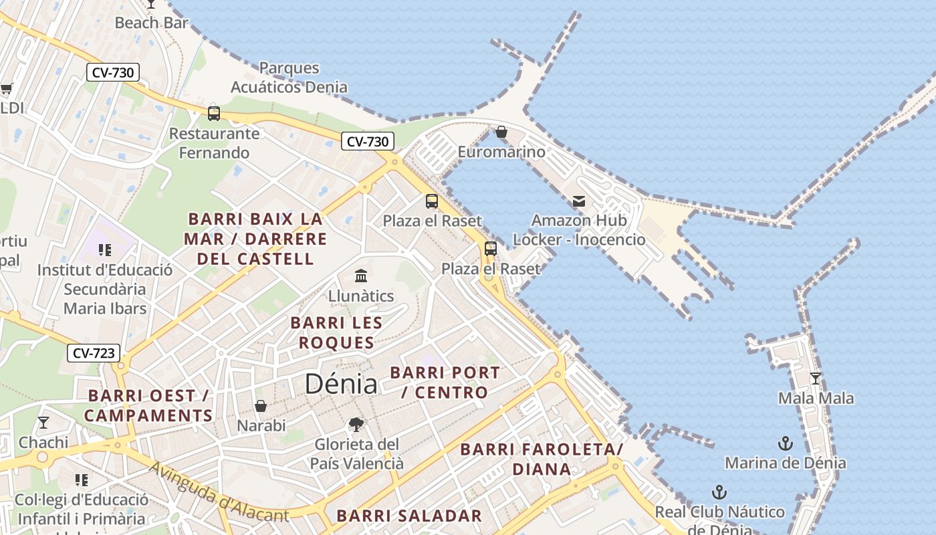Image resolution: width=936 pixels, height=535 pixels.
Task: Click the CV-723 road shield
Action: click(x=94, y=353)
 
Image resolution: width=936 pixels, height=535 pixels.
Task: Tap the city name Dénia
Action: click(x=340, y=384)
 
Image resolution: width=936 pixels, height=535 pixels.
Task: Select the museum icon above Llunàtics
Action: click(x=361, y=276)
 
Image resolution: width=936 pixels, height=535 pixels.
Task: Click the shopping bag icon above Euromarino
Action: click(x=501, y=132)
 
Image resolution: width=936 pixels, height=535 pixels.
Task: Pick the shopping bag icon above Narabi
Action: click(x=261, y=405)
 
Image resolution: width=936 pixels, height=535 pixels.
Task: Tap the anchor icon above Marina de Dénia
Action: click(x=786, y=443)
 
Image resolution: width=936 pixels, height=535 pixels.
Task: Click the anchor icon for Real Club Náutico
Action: click(x=719, y=492)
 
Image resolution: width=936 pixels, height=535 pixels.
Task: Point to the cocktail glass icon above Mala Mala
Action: click(x=816, y=379)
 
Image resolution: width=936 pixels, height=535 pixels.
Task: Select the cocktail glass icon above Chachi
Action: click(x=43, y=423)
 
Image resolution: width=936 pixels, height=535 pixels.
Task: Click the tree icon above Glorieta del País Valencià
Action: click(x=356, y=424)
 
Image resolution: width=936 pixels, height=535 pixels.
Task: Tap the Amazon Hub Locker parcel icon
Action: click(x=579, y=201)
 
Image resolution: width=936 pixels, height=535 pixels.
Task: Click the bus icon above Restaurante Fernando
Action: click(x=214, y=113)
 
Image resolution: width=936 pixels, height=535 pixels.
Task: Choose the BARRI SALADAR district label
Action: click(x=408, y=516)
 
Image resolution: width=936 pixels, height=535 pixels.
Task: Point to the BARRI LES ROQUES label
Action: click(x=336, y=332)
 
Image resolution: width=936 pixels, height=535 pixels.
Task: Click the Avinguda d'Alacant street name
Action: click(x=219, y=492)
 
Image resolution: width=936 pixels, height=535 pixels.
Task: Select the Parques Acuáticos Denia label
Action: click(x=289, y=78)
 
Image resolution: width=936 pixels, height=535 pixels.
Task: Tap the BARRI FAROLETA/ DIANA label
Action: click(x=542, y=459)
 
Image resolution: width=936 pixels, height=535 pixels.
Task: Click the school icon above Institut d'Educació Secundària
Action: click(x=104, y=250)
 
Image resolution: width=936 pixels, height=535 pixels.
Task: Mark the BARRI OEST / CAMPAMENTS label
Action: click(x=148, y=405)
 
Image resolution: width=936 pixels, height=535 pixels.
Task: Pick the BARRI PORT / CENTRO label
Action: click(x=445, y=382)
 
